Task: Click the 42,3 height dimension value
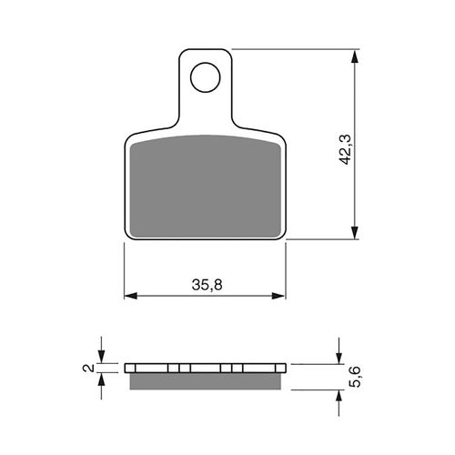pyautogui.click(x=345, y=150)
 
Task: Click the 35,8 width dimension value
pyautogui.click(x=207, y=285)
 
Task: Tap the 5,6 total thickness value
pyautogui.click(x=355, y=377)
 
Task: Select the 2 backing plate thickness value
pyautogui.click(x=88, y=368)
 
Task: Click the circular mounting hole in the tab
pyautogui.click(x=205, y=77)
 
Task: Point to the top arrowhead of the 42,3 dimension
pyautogui.click(x=354, y=56)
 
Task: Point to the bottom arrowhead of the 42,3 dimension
pyautogui.click(x=354, y=232)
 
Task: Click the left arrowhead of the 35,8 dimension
pyautogui.click(x=131, y=296)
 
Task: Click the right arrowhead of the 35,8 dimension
pyautogui.click(x=278, y=296)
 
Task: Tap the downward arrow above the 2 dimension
pyautogui.click(x=102, y=349)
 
